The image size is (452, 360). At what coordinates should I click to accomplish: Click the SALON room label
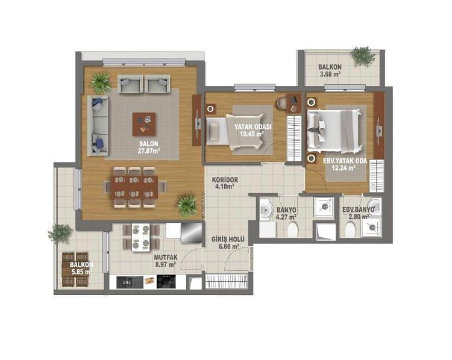(x=149, y=144)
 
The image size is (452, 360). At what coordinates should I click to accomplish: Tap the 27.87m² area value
(x=149, y=151)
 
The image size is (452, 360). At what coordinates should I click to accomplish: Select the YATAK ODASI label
(x=253, y=127)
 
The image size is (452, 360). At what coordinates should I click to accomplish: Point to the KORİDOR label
(x=225, y=180)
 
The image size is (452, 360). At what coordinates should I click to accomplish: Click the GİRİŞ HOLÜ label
(x=228, y=240)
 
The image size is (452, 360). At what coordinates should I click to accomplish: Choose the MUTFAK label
(x=166, y=257)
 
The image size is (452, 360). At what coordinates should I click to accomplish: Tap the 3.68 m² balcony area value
(x=330, y=74)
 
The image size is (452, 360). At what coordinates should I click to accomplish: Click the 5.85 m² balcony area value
(x=81, y=272)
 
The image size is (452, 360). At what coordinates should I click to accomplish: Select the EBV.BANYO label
(x=359, y=210)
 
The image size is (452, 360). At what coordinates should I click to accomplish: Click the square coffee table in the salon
(x=144, y=124)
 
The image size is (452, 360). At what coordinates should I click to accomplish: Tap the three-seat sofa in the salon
(x=98, y=126)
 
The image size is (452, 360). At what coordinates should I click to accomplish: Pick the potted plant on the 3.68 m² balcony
(x=363, y=56)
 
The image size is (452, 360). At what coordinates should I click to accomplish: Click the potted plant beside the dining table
(x=187, y=205)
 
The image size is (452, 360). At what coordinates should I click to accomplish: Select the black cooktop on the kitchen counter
(x=166, y=282)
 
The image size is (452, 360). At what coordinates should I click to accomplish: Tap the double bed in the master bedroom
(x=334, y=131)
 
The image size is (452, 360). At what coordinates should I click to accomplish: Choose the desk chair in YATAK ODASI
(x=281, y=104)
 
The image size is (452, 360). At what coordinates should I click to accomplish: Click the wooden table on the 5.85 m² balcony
(x=75, y=270)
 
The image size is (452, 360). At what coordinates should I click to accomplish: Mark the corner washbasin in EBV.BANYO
(x=375, y=206)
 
